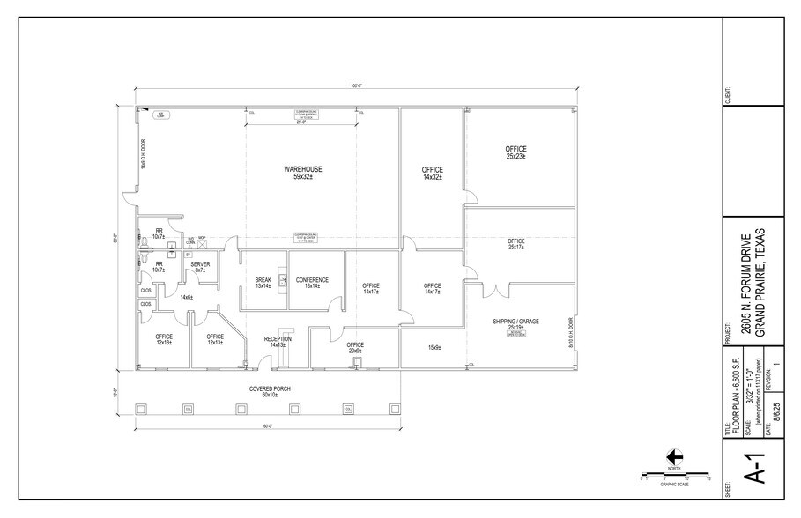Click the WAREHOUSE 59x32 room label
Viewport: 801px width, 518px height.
[x=302, y=173]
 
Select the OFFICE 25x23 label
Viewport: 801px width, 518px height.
[x=515, y=152]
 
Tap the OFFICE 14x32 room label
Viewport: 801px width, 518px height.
[x=432, y=173]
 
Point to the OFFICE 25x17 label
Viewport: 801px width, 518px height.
[x=515, y=244]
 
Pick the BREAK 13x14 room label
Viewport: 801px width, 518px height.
[x=263, y=284]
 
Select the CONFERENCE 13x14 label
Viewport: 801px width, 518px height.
[x=312, y=284]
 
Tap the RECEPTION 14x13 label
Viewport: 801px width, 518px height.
[x=278, y=341]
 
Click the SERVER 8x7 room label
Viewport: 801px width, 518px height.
[x=200, y=267]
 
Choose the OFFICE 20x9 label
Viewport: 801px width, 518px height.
[x=355, y=347]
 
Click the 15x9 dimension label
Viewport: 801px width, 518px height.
[x=434, y=347]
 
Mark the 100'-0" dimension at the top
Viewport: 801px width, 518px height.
[x=356, y=86]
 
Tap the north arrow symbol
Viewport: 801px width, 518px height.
[x=674, y=456]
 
